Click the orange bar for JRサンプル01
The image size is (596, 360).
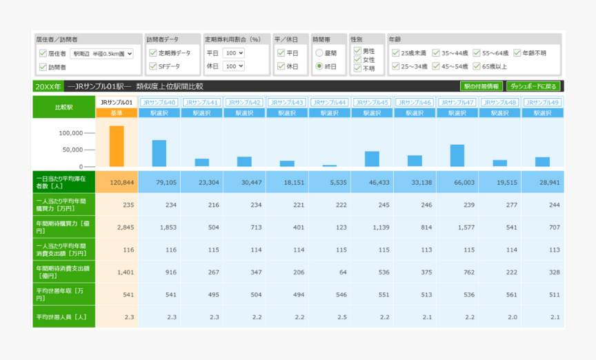(x=117, y=146)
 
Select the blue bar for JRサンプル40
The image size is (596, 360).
(x=159, y=153)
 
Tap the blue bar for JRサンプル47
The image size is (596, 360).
(x=457, y=155)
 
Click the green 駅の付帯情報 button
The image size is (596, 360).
(x=481, y=86)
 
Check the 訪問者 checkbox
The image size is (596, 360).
(x=43, y=67)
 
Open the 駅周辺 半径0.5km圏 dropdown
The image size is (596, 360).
(x=101, y=53)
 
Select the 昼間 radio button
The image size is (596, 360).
(x=319, y=52)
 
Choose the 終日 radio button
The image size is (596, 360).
(x=319, y=66)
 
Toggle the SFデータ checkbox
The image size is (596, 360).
(x=153, y=66)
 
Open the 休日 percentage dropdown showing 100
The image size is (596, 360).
(x=234, y=66)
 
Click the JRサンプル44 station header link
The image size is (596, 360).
(x=329, y=102)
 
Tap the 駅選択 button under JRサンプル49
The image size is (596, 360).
(x=542, y=112)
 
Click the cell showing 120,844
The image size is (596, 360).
(x=117, y=183)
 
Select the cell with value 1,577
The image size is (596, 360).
(x=457, y=227)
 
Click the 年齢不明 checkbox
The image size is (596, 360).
(x=517, y=52)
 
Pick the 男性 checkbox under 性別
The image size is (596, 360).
(x=357, y=50)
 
